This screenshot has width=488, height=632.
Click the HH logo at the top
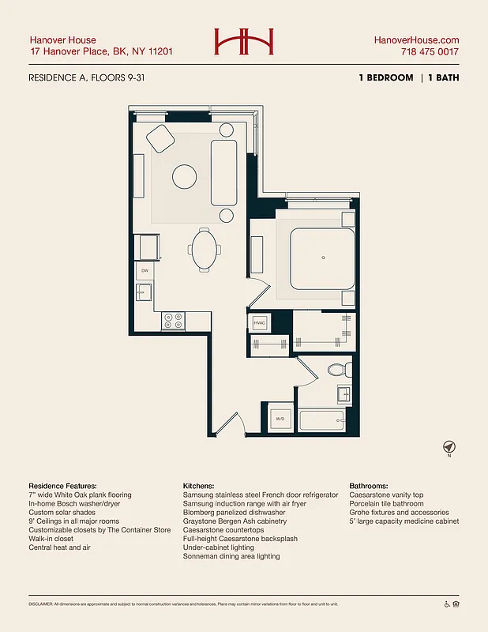pos(244,42)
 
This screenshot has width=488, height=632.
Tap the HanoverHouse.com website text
pos(415,40)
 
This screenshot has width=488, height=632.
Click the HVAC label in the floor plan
pos(260,324)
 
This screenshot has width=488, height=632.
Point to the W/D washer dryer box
pos(280,419)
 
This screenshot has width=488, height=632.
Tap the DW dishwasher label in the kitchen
pos(145,271)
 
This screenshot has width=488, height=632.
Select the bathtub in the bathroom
pos(320,420)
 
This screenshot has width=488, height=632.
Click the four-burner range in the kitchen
pos(172,321)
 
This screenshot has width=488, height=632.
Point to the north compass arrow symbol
pos(449,446)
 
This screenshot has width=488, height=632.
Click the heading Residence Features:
pos(62,486)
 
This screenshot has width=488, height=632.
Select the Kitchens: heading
pos(202,486)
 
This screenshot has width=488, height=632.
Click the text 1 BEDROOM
pos(385,78)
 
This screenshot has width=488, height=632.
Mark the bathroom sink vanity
pos(345,394)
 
